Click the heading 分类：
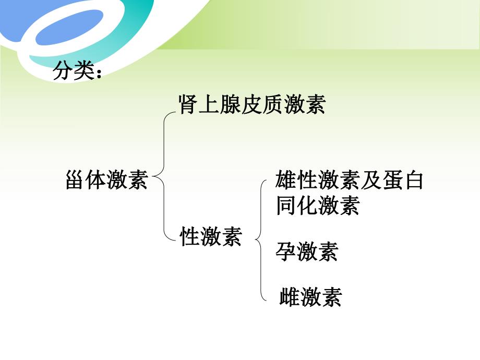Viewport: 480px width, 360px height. click(x=78, y=71)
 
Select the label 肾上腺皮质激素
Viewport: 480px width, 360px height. click(x=251, y=104)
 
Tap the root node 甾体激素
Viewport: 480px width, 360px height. click(x=107, y=181)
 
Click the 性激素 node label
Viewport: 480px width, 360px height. click(x=211, y=237)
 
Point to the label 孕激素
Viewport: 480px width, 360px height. click(x=307, y=252)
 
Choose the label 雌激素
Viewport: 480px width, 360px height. click(x=311, y=297)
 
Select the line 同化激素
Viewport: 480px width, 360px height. click(x=318, y=205)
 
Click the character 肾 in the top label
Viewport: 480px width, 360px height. click(x=188, y=104)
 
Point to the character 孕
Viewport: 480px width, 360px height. click(x=286, y=252)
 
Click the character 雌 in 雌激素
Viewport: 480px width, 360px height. click(x=290, y=297)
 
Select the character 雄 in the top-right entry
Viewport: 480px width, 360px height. click(x=286, y=181)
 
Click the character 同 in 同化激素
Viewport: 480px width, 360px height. click(x=286, y=205)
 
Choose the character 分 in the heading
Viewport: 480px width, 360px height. click(x=63, y=71)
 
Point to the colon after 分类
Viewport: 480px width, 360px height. click(x=98, y=74)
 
